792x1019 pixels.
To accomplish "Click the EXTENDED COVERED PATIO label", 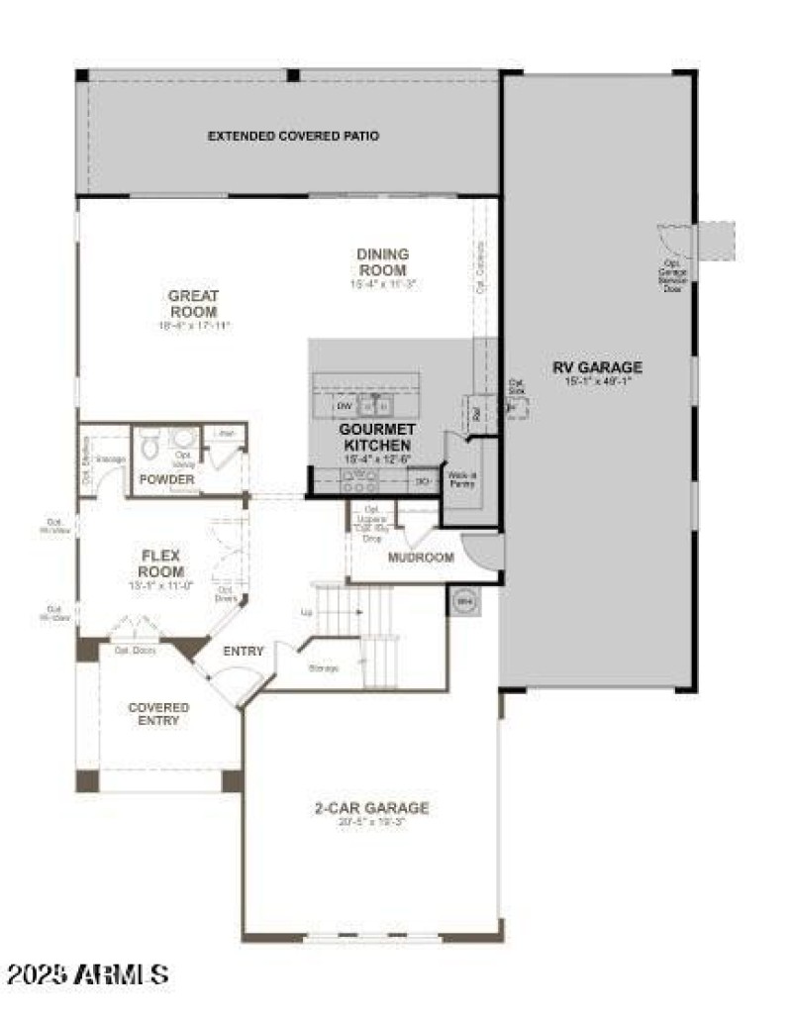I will point(293,136).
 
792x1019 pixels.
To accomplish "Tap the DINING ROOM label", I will point(383,261).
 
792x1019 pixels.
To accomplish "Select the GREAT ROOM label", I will point(193,303).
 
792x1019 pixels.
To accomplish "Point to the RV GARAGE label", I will point(597,367).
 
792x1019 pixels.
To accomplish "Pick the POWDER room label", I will point(166,479).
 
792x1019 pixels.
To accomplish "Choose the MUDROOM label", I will point(421,558).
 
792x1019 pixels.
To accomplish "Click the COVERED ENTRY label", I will point(158,714).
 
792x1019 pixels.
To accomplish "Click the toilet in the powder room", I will point(149,449).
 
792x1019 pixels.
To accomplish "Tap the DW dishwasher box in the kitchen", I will point(345,406).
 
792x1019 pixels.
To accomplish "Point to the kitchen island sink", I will point(374,405).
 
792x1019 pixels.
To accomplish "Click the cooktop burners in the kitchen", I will point(358,482).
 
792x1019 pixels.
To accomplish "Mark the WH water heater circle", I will point(462,600).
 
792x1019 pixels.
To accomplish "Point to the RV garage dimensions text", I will point(597,381).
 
